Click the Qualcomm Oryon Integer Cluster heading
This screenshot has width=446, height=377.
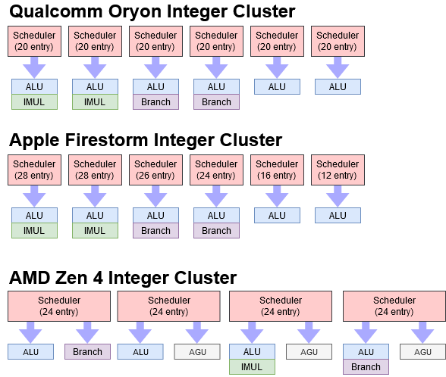point(152,11)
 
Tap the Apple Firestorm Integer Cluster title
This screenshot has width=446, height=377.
point(145,140)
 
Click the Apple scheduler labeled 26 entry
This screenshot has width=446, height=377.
point(155,170)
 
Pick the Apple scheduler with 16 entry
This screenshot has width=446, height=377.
point(277,170)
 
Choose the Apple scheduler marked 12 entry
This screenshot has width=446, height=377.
point(338,170)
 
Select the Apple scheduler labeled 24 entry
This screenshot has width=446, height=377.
point(216,170)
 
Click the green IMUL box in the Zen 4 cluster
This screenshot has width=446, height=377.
point(251,367)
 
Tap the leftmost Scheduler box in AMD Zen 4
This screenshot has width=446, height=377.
point(61,306)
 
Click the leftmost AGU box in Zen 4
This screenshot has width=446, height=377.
point(196,351)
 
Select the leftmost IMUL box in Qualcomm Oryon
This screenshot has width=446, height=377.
point(34,101)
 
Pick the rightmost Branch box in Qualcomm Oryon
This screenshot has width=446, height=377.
point(216,101)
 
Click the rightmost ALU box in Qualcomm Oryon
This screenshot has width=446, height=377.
point(338,86)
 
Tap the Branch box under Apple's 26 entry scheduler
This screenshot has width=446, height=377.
point(155,230)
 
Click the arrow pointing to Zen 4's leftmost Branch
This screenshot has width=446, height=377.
point(87,332)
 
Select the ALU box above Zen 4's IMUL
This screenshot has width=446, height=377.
point(251,351)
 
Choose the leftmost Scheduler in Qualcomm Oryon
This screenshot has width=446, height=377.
point(34,41)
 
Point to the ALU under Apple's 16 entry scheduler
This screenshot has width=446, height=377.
point(277,215)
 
